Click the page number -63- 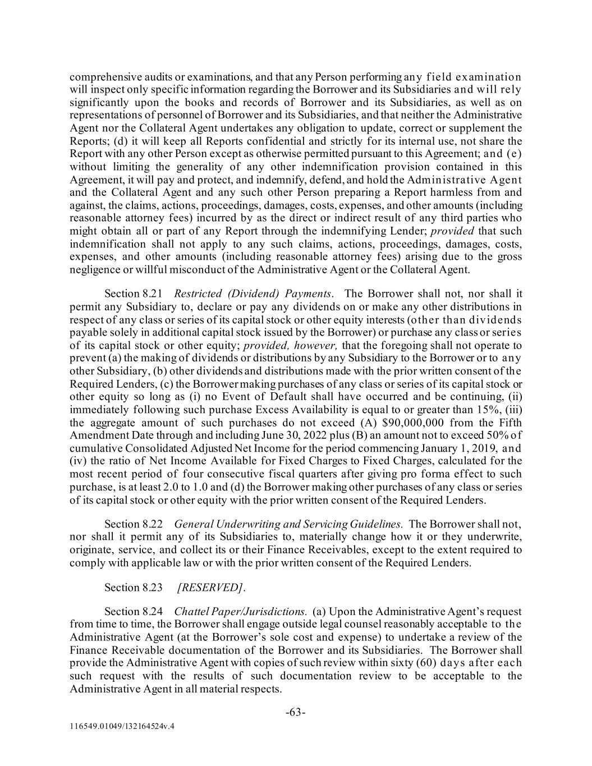point(296,712)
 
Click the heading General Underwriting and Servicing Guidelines point(288,524)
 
